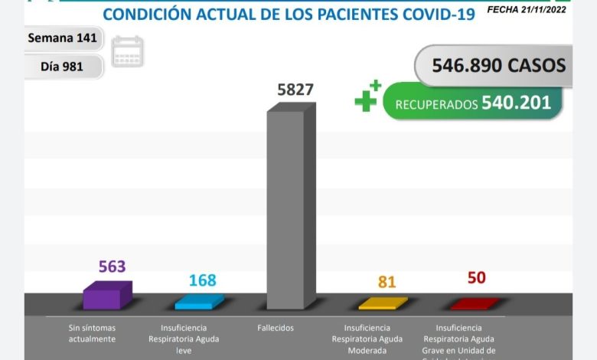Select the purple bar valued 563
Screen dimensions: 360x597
coord(106,296)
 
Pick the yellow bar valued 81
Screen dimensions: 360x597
coord(383,303)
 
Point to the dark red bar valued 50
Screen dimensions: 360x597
coord(475,304)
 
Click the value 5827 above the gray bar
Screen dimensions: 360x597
coord(295,89)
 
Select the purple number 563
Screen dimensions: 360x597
coord(112,267)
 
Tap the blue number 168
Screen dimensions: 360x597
coord(202,280)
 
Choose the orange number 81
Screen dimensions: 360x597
coord(387,282)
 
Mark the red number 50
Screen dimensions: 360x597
coord(476,277)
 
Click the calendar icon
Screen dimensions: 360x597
coord(127,52)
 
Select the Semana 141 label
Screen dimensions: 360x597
coord(61,38)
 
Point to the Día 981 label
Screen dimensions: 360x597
coord(61,67)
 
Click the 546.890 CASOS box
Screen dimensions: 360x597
coord(497,65)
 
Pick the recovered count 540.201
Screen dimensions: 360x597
coord(517,103)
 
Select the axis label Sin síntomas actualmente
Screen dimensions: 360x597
coord(91,332)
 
